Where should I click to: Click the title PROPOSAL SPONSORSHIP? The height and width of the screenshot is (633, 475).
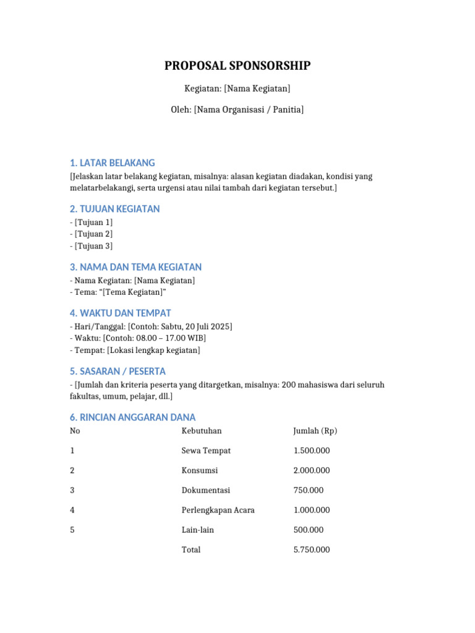(x=237, y=66)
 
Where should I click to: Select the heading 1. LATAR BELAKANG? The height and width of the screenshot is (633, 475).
(x=112, y=163)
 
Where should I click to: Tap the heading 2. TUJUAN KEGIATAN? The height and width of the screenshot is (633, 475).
(x=114, y=209)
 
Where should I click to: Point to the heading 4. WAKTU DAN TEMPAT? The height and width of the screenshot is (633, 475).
(x=120, y=313)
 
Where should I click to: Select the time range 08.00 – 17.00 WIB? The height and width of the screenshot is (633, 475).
(x=166, y=338)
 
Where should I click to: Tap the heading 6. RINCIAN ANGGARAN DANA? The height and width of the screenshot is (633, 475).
(x=132, y=417)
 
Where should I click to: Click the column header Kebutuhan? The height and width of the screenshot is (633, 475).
(x=201, y=431)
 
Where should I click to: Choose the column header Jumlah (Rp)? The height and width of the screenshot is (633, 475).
(x=315, y=431)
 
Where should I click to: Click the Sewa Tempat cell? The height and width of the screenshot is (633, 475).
(x=206, y=451)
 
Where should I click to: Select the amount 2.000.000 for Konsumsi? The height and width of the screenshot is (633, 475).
(x=312, y=470)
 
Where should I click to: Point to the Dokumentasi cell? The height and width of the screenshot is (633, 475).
(x=205, y=490)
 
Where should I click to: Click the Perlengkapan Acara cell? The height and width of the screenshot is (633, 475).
(x=218, y=510)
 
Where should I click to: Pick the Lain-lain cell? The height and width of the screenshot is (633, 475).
(x=198, y=530)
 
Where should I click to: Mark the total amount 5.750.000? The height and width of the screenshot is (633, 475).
(x=312, y=550)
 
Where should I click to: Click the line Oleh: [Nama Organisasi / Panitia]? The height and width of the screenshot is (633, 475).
(x=237, y=110)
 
